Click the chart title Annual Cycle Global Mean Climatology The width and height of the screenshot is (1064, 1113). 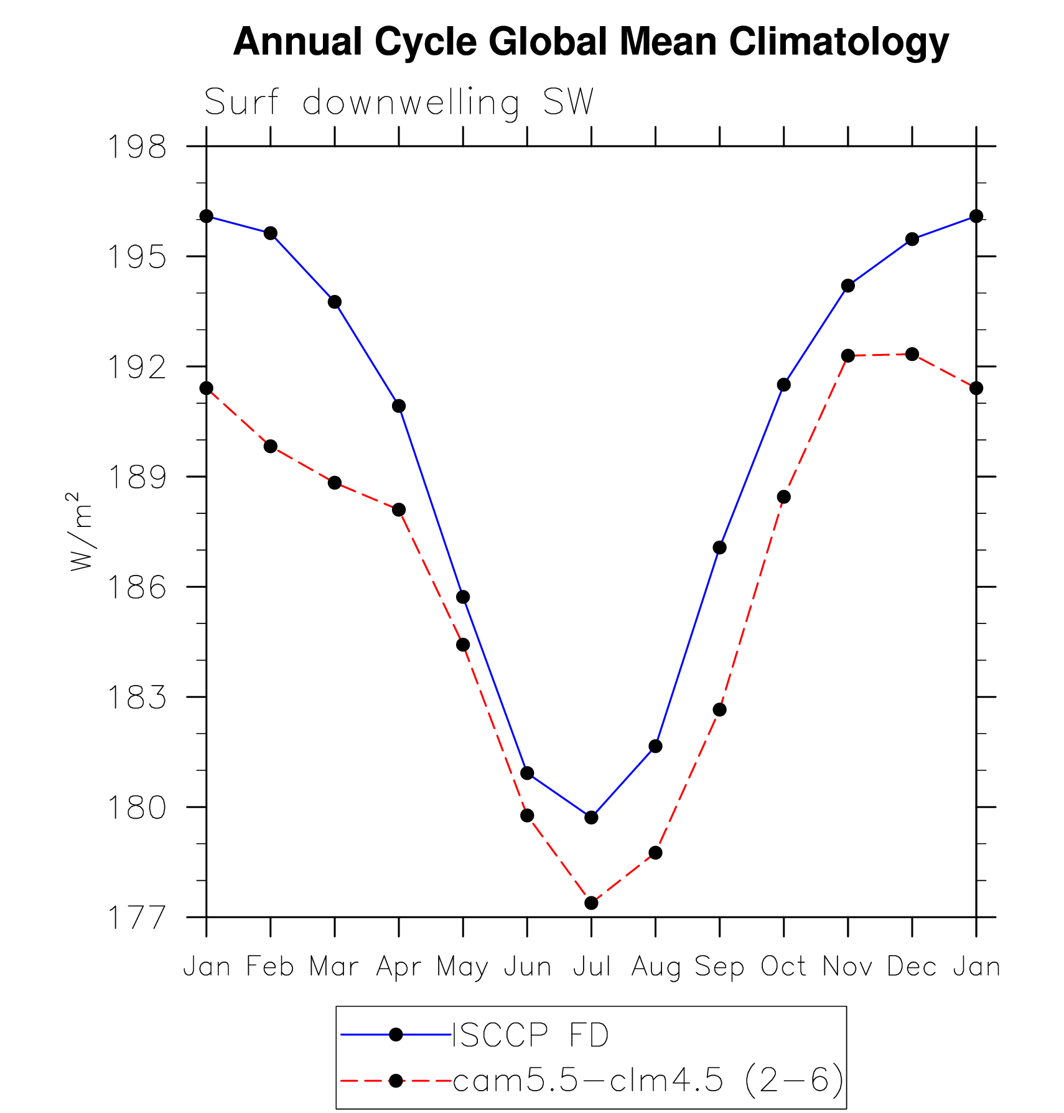(x=590, y=42)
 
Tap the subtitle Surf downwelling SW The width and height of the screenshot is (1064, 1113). (x=399, y=103)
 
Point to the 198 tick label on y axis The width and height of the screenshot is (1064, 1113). (x=138, y=147)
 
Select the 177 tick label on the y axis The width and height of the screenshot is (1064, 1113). (x=138, y=918)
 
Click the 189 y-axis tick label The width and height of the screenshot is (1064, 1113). (x=138, y=477)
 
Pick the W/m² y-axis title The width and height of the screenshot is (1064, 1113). (x=81, y=531)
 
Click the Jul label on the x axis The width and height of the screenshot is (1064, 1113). (x=591, y=967)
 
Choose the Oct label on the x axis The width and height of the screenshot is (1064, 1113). (x=783, y=967)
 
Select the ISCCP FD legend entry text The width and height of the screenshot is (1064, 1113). (x=530, y=1036)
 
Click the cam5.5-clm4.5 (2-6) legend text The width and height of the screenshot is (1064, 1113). (x=648, y=1080)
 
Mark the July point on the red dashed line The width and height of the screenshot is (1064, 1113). (x=591, y=903)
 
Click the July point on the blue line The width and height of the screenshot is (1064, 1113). (x=591, y=817)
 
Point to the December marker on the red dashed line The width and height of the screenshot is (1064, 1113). (x=912, y=354)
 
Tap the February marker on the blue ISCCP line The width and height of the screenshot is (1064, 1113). (x=271, y=233)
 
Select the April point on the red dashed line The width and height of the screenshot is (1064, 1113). (x=399, y=510)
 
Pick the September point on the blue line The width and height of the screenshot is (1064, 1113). (x=720, y=547)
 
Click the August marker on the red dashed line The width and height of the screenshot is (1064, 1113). (x=655, y=852)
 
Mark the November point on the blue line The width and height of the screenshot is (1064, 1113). (x=848, y=286)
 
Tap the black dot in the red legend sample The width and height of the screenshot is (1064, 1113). (x=396, y=1080)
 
